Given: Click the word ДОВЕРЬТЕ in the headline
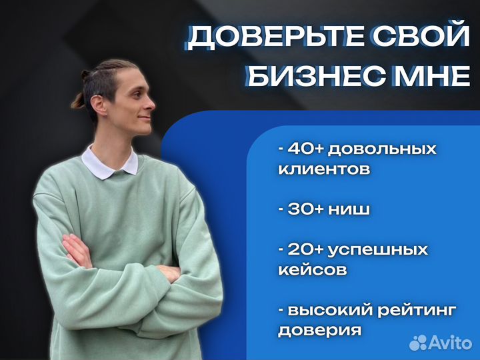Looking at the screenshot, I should pyautogui.click(x=271, y=38).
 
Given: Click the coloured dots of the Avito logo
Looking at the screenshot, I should pyautogui.click(x=419, y=342).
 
